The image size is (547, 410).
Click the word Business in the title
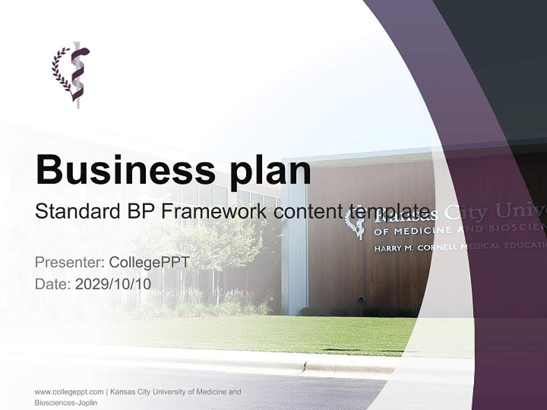pyautogui.click(x=121, y=170)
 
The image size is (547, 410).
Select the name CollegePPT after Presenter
pyautogui.click(x=149, y=263)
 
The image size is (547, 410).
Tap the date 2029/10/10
pyautogui.click(x=113, y=284)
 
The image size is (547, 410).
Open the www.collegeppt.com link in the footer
pyautogui.click(x=69, y=392)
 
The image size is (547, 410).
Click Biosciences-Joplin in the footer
pyautogui.click(x=66, y=403)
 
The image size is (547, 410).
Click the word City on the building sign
pyautogui.click(x=466, y=214)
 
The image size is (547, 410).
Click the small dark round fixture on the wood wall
pyautogui.click(x=361, y=298)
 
